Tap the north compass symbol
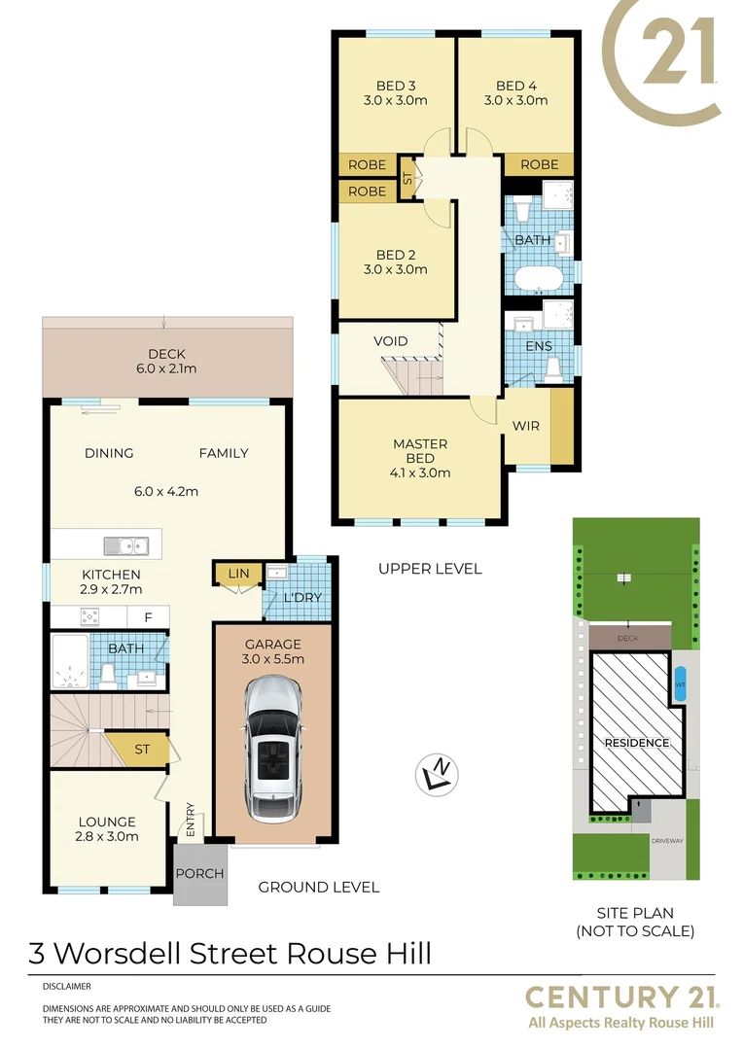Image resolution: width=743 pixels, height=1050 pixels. coord(437,773)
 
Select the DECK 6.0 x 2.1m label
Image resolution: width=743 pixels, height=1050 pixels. coord(166,361)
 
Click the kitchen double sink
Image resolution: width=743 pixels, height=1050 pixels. coord(128,545)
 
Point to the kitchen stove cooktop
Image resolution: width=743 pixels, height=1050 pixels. coord(89,616)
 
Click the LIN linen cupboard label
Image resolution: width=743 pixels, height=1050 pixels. coord(238,575)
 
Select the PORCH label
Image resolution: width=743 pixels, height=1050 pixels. coord(199,873)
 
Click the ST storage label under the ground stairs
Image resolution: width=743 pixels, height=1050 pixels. coord(143,749)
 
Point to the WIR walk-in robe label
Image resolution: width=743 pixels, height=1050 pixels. coord(525,426)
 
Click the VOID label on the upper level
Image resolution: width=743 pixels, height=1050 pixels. coord(390,341)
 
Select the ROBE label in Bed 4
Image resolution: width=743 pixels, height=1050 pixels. coord(540,165)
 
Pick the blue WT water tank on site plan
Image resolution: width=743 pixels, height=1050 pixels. coord(679,682)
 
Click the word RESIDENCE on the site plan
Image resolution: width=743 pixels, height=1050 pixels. coord(637,743)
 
